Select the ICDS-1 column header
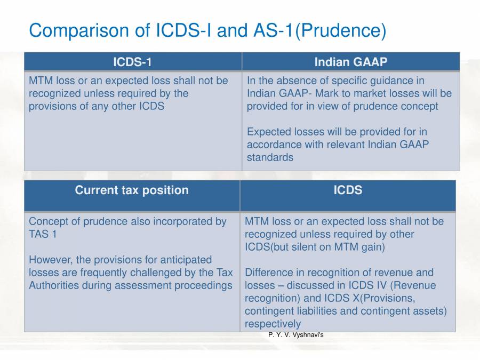click(x=132, y=62)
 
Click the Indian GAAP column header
click(x=350, y=62)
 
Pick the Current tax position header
click(x=132, y=190)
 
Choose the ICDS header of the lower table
click(x=348, y=190)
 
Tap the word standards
click(x=270, y=157)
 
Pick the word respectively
click(x=273, y=324)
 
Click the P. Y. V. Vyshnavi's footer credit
click(x=296, y=335)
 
